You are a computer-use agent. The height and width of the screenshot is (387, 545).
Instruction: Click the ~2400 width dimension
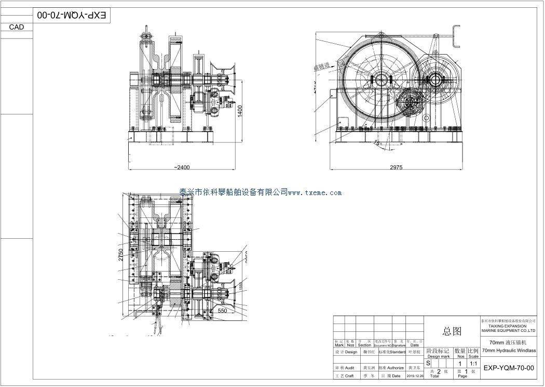(182, 167)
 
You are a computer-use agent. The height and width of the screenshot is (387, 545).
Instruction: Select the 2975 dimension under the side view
(397, 167)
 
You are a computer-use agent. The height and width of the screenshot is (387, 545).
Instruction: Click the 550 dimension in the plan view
(223, 310)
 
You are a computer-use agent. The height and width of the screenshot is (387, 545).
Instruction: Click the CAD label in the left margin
(17, 27)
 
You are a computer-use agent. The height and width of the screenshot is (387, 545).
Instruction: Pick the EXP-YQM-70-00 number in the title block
(508, 368)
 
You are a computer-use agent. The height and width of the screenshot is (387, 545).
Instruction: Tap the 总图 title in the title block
(451, 331)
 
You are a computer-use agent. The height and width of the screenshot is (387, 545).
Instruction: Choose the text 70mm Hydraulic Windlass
(508, 351)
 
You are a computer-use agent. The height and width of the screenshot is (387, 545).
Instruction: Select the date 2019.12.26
(415, 376)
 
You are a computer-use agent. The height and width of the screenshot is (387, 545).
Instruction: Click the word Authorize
(396, 368)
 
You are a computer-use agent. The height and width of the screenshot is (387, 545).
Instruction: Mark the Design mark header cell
(438, 356)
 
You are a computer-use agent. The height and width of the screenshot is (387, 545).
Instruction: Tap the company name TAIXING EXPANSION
(508, 326)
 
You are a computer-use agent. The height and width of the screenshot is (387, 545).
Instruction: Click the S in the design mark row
(429, 363)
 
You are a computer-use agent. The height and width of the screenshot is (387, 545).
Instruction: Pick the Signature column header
(399, 345)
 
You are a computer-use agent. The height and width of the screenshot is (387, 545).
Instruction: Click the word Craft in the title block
(349, 376)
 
